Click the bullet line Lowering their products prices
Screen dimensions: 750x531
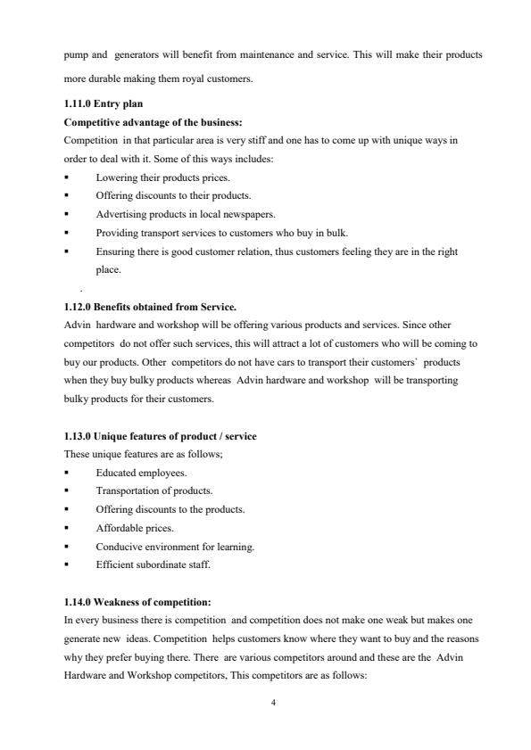point(155,177)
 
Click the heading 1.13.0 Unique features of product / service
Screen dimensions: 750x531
point(161,435)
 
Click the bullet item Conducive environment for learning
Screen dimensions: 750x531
point(175,546)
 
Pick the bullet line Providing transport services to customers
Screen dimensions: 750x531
point(221,233)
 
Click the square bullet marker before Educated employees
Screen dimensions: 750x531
point(67,473)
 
